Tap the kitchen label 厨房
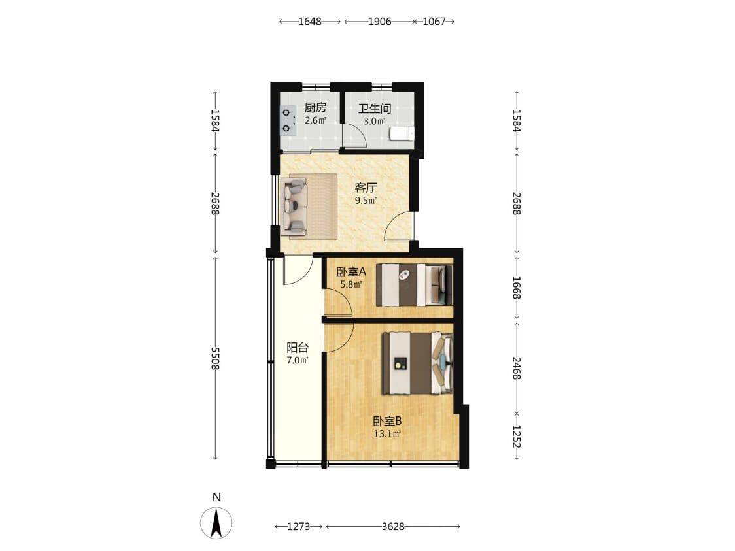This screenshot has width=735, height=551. point(315,108)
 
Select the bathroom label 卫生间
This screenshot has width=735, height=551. point(375,109)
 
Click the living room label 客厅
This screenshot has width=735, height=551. point(366,188)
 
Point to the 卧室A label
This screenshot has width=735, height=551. point(351,272)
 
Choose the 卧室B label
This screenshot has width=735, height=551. point(387,421)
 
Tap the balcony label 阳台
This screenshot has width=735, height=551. point(298,348)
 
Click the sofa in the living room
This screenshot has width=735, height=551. point(294,207)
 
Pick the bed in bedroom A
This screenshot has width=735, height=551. point(415,285)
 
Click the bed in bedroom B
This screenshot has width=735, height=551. point(418,363)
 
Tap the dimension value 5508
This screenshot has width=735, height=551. point(214,358)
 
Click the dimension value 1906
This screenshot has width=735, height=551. point(380,22)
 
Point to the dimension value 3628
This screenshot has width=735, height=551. point(393,527)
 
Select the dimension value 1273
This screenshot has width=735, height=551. point(299,527)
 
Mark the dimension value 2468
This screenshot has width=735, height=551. point(516,368)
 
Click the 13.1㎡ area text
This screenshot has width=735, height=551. point(387,434)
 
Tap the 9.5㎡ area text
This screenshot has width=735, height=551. point(366,201)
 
